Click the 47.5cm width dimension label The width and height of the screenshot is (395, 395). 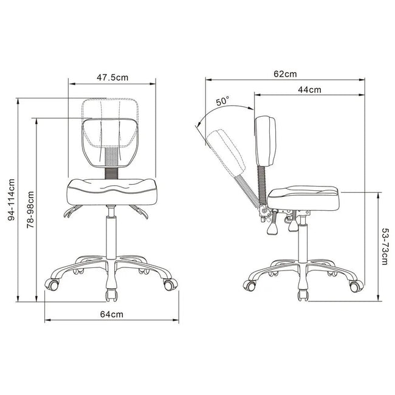pos(112,77)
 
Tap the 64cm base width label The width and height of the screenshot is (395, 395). pos(112,314)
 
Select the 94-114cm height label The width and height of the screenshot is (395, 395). pos(12,200)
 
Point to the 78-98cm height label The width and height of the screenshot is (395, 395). pos(30,210)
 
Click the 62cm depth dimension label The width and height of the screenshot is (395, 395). pos(285,74)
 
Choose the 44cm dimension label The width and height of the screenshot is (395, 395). pos(309,90)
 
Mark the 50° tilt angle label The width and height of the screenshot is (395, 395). pos(222,101)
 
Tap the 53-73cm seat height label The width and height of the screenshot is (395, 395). pos(385,246)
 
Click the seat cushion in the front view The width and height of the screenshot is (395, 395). pos(112,192)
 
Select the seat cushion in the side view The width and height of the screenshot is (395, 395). pos(304,199)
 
